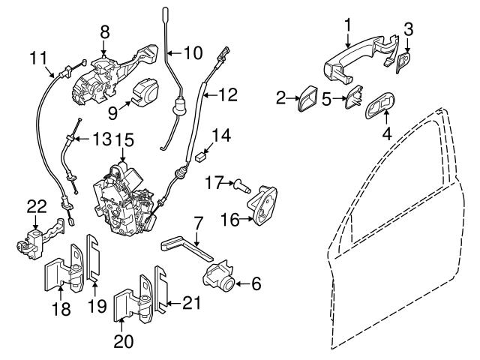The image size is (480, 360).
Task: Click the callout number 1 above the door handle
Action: [347, 25]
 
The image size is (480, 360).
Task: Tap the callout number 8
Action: [104, 31]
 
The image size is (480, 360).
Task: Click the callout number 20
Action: [122, 342]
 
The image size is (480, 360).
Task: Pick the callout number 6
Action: [255, 283]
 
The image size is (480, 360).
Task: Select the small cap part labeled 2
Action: [307, 98]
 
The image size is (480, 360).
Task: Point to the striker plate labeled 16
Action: [264, 203]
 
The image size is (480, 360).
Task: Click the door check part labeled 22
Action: [34, 238]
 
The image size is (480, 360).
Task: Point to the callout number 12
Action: [227, 94]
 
